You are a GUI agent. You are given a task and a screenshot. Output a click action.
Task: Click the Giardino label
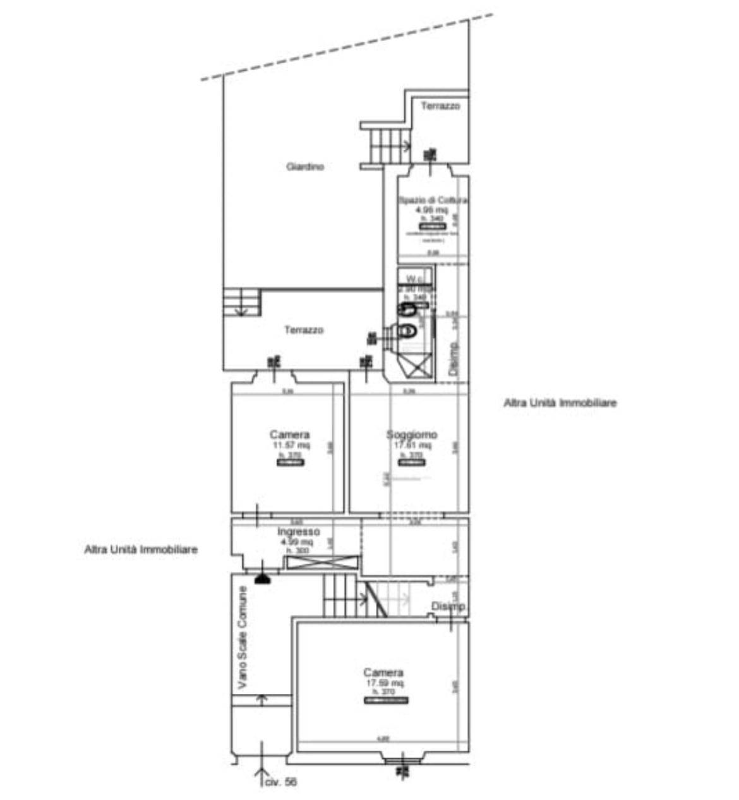(x=305, y=167)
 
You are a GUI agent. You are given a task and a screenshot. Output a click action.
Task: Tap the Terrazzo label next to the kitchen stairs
(x=440, y=106)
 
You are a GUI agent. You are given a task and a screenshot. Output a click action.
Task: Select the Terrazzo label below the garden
(x=304, y=330)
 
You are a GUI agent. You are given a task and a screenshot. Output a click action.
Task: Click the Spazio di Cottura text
(x=433, y=200)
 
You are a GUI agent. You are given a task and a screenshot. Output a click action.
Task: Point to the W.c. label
(x=414, y=279)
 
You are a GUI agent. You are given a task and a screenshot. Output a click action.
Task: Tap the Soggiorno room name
(x=412, y=435)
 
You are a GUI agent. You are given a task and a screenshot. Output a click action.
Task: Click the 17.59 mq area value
(x=383, y=683)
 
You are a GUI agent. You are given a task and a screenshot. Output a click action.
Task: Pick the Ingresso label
(x=299, y=532)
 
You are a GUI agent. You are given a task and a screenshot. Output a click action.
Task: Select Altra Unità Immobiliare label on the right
(x=560, y=403)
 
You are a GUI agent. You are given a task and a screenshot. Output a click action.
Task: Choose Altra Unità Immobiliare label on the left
(x=141, y=550)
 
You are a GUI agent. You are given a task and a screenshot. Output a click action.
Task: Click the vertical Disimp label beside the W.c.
(x=452, y=359)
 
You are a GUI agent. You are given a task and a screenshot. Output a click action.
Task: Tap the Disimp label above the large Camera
(x=448, y=607)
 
